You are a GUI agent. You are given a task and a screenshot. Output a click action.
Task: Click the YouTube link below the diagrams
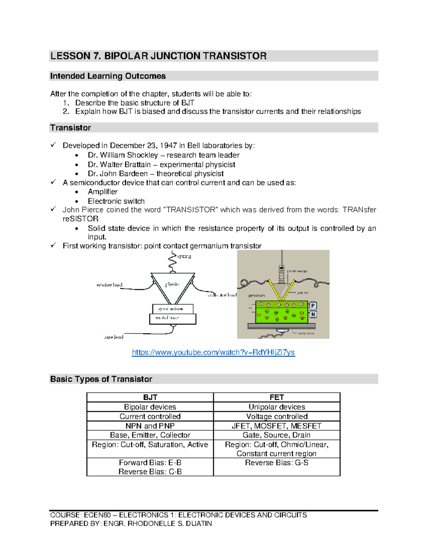(213, 352)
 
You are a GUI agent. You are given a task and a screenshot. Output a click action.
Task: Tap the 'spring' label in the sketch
(184, 256)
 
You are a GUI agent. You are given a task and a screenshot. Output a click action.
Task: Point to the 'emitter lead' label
(109, 285)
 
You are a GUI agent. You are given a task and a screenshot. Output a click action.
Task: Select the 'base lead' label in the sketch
(114, 337)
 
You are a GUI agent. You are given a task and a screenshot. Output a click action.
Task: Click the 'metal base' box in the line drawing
(173, 318)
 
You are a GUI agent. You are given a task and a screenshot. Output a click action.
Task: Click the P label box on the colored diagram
(313, 306)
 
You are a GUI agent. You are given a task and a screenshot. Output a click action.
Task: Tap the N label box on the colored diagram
(313, 314)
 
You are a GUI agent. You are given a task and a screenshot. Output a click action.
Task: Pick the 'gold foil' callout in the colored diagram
(303, 293)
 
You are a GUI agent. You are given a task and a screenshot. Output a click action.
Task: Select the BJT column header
(150, 397)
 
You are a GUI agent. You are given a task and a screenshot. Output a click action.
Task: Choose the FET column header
(276, 397)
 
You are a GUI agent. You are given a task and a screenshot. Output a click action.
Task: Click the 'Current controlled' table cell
(150, 416)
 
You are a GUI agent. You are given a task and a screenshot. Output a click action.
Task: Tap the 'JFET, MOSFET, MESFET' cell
(276, 426)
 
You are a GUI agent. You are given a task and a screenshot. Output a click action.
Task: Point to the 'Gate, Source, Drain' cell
(276, 435)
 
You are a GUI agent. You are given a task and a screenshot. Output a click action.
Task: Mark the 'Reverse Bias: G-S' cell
(276, 463)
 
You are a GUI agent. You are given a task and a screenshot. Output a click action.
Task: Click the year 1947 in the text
(168, 145)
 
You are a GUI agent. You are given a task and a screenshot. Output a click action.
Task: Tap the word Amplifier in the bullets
(102, 192)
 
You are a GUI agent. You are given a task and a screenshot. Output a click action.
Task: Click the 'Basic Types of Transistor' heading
(101, 379)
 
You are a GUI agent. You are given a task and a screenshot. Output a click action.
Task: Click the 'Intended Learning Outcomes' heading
(108, 76)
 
